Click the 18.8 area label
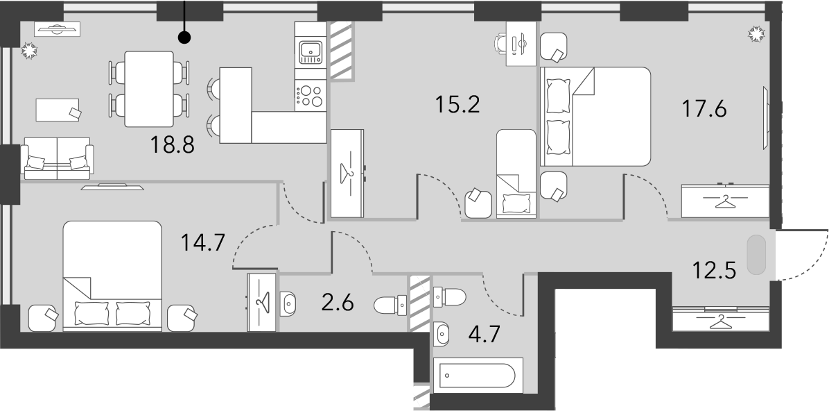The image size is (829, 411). point(173,144)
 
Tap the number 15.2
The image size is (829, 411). point(457,104)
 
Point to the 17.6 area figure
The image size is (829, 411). point(704,109)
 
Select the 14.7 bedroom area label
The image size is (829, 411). point(203,242)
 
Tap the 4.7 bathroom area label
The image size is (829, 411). point(484,335)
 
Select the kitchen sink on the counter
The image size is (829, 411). point(311,52)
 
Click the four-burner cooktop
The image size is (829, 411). point(311,95)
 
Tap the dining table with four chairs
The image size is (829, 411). point(149,89)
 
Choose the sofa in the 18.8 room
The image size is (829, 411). point(57,158)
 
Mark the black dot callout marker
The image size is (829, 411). point(184,37)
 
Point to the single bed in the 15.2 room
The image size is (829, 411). point(516,174)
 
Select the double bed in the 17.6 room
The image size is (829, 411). point(595,117)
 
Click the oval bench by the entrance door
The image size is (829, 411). point(756,255)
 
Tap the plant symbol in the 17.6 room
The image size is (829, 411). point(757,34)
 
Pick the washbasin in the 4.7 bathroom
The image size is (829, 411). point(442,334)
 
